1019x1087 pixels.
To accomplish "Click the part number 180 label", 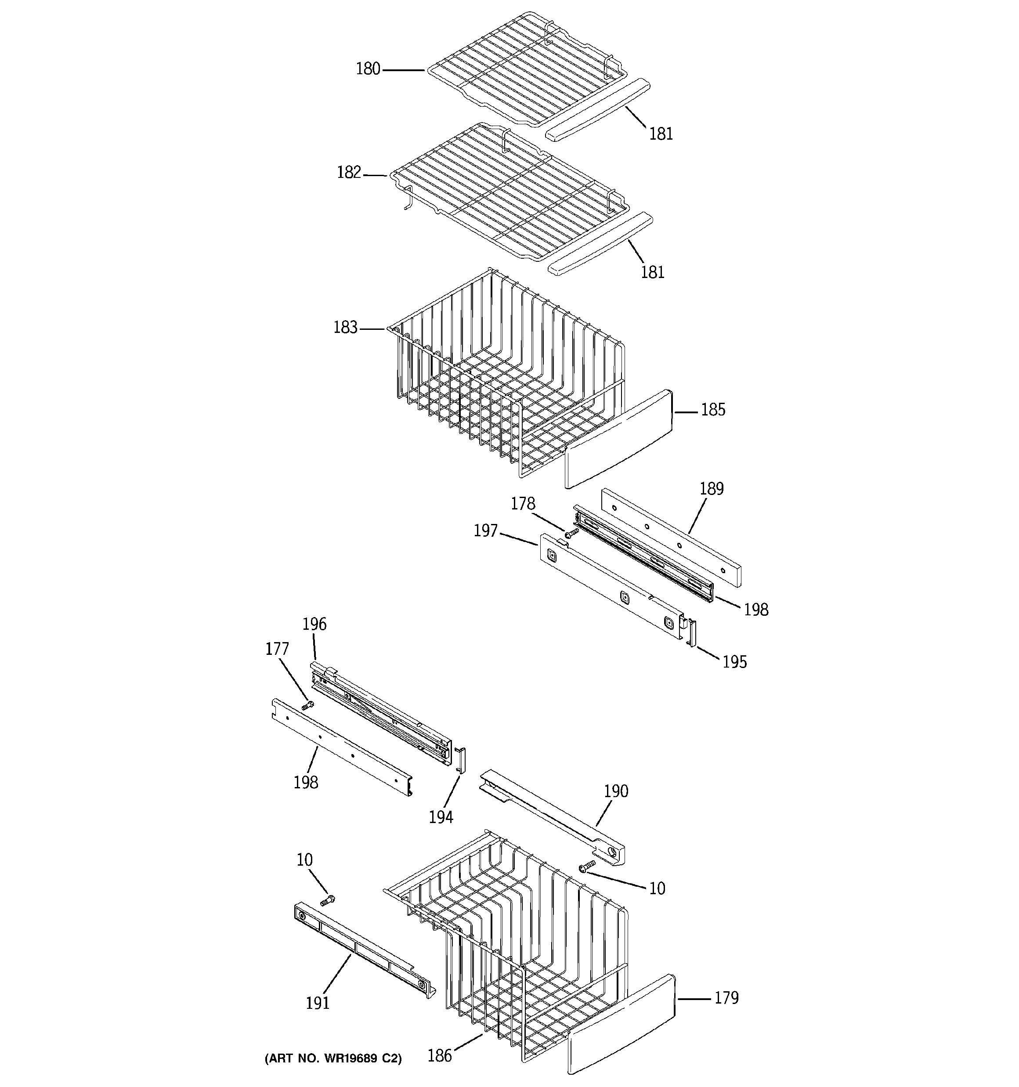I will click(368, 69).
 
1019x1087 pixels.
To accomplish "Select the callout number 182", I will click(349, 173).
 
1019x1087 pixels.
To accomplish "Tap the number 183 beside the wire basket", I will click(345, 328).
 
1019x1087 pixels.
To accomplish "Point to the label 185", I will click(713, 410).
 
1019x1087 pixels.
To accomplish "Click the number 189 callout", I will click(711, 489).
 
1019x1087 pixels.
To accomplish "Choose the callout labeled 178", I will click(523, 504).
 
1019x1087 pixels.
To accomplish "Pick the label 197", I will click(486, 531).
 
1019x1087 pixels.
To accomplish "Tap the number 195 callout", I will click(734, 662).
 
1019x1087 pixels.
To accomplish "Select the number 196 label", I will click(314, 624).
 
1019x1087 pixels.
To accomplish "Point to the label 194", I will click(441, 817).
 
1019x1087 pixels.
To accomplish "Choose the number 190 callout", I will click(616, 791).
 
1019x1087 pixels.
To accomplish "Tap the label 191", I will click(318, 1003).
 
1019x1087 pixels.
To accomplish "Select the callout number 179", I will click(726, 998).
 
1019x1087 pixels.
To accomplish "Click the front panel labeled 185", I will click(618, 438).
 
